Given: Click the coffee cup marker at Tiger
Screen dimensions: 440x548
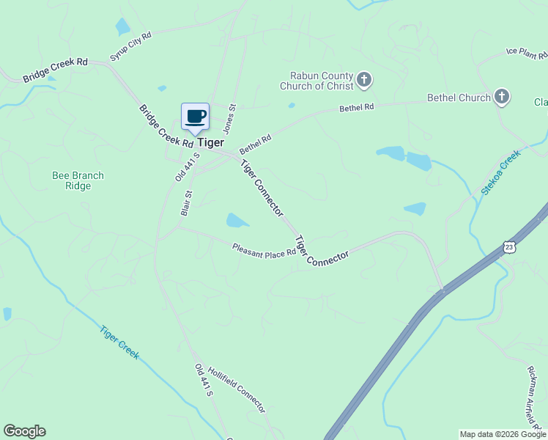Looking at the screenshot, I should click(x=196, y=117).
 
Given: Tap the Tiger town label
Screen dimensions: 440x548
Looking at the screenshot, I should click(x=210, y=143).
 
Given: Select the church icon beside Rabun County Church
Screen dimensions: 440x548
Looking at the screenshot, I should click(x=365, y=80).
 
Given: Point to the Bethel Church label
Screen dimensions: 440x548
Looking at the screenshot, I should click(x=459, y=98).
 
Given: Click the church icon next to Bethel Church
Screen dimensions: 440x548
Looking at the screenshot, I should click(x=501, y=97).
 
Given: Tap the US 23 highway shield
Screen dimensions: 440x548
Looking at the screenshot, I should click(x=511, y=247).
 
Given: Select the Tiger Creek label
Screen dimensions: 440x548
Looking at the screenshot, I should click(x=119, y=342).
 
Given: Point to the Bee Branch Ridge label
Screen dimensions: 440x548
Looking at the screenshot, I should click(x=78, y=180).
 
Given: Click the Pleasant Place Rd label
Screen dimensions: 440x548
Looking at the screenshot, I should click(x=264, y=250).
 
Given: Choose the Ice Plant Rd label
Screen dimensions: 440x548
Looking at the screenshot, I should click(x=526, y=52).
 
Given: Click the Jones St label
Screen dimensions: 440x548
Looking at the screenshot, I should click(x=230, y=118).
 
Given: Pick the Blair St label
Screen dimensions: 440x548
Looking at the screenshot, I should click(x=186, y=203).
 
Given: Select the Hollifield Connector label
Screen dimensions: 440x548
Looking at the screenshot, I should click(x=236, y=389).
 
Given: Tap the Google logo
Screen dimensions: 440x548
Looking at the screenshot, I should click(x=24, y=431).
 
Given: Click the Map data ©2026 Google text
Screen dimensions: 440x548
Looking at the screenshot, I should click(x=503, y=434).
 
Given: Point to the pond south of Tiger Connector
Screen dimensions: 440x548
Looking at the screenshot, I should click(x=237, y=220).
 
